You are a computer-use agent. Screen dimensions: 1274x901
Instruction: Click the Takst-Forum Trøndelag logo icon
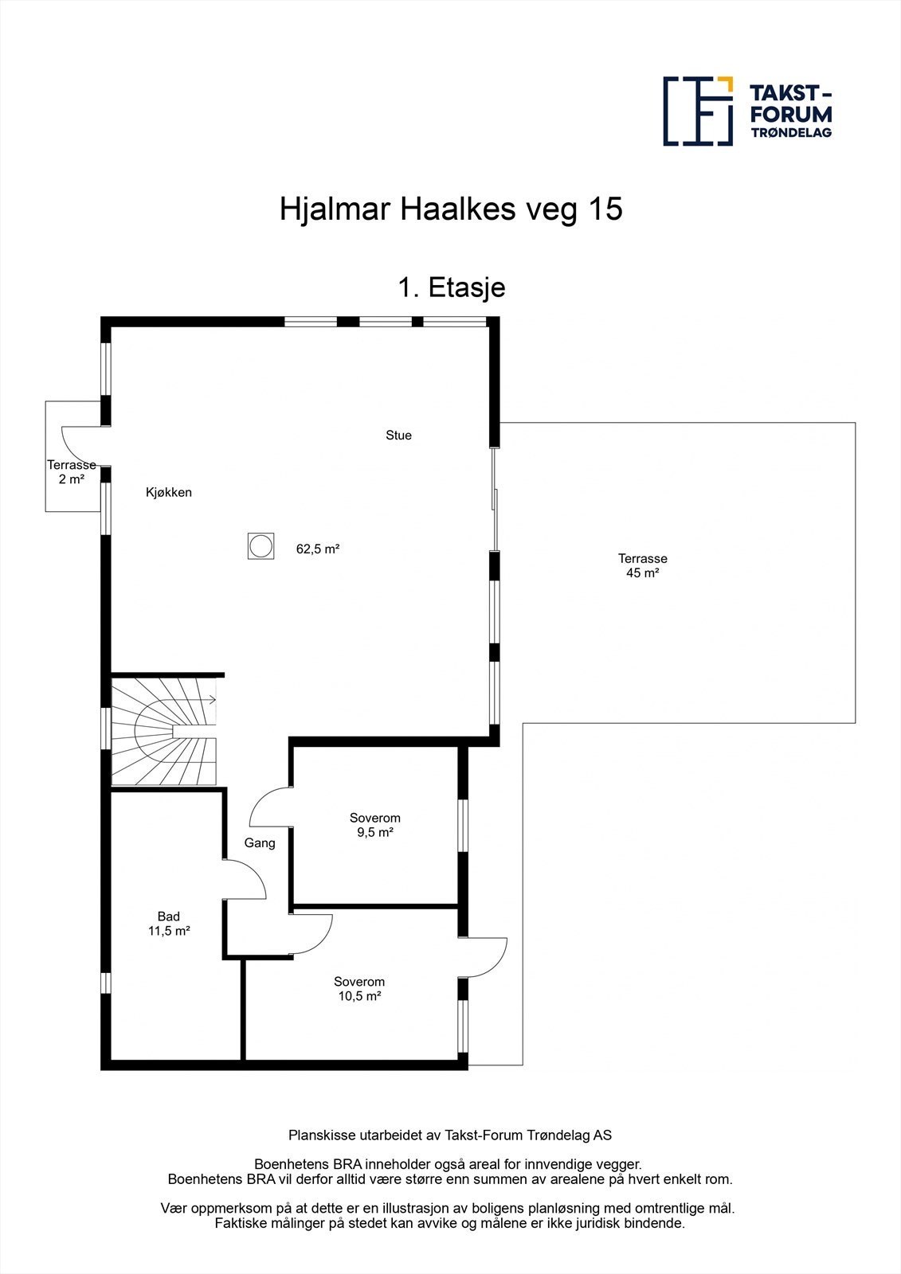(x=698, y=111)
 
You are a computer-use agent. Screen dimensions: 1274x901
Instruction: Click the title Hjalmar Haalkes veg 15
(x=450, y=209)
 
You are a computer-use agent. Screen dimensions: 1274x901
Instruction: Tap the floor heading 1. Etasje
(x=451, y=287)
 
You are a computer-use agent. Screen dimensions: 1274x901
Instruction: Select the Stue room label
(x=398, y=436)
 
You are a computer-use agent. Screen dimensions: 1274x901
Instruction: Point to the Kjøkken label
(x=168, y=492)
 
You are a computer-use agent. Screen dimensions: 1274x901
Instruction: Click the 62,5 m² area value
(x=318, y=549)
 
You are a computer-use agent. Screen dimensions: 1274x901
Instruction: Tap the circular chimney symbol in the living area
(x=260, y=546)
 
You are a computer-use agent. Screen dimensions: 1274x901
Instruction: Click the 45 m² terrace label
(x=642, y=565)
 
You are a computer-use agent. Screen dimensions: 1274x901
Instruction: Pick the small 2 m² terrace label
(x=71, y=472)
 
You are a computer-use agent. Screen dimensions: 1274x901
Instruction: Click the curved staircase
(x=163, y=729)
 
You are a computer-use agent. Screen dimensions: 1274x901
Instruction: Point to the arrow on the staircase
(x=211, y=700)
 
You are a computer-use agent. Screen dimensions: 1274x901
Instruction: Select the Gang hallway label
(x=260, y=842)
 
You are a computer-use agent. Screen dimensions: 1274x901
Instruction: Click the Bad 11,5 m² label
(x=168, y=923)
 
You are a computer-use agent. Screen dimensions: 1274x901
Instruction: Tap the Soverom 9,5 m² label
(x=374, y=825)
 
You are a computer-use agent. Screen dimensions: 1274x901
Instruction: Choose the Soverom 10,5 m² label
(x=358, y=988)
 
